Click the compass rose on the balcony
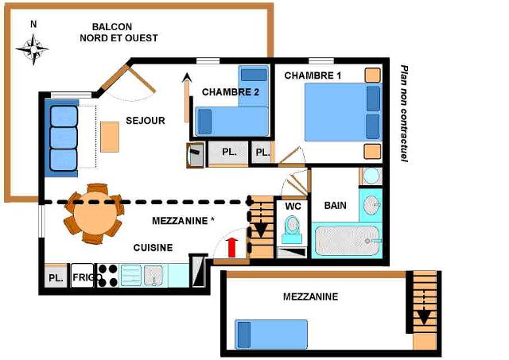33,49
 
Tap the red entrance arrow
231,248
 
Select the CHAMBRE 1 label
313,75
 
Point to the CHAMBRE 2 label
231,92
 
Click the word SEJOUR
146,121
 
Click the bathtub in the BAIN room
348,240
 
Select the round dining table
95,214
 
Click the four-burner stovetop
108,275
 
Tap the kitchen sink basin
153,275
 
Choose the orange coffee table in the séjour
110,137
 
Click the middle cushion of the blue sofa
64,137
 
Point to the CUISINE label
153,248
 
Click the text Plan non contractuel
404,113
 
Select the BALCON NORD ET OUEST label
119,33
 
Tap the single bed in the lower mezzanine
271,335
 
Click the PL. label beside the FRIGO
56,278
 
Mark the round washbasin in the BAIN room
371,206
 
